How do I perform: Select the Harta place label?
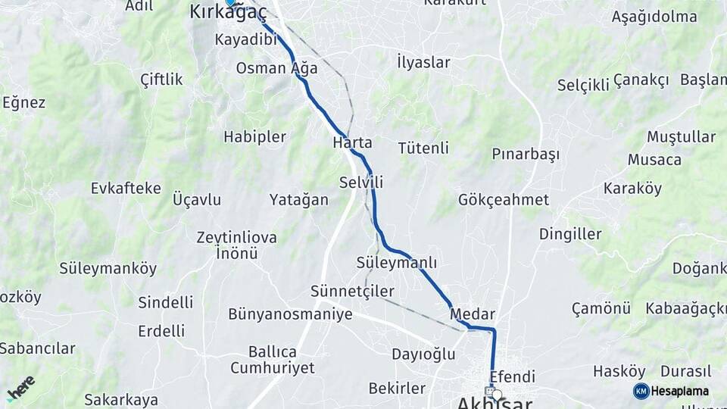(x=352, y=142)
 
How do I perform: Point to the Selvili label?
(x=361, y=182)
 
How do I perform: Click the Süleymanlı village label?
(x=397, y=262)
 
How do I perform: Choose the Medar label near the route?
(x=472, y=314)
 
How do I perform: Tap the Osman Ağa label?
(x=276, y=67)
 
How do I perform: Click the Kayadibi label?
(x=246, y=39)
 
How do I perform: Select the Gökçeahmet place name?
(x=503, y=199)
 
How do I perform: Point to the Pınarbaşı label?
(x=526, y=155)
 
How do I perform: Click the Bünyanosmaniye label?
(x=290, y=314)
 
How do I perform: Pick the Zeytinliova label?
(x=236, y=237)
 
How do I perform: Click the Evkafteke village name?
(x=126, y=188)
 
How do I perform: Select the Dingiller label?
(x=570, y=233)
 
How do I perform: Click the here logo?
(x=21, y=388)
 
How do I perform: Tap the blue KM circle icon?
(x=641, y=391)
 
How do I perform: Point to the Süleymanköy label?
(x=108, y=268)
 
